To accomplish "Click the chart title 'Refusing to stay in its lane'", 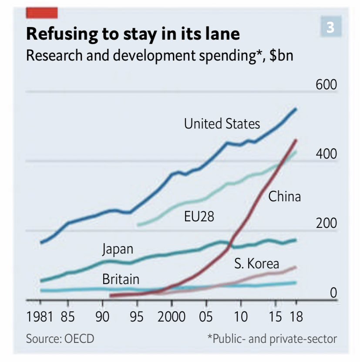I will [x=133, y=34].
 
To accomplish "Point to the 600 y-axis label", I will [x=326, y=84].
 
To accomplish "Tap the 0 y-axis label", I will [x=333, y=293].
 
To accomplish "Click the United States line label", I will [x=222, y=124].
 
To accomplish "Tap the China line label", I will [x=284, y=197].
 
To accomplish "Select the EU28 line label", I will [x=199, y=216].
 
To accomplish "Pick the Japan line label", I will [x=118, y=250].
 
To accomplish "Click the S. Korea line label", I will [x=256, y=264].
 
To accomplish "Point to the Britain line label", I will [x=121, y=279].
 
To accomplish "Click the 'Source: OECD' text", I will [x=60, y=338].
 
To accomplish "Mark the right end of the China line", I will [x=296, y=140].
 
